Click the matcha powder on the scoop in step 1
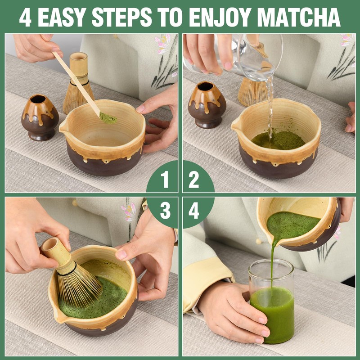(x=108, y=118)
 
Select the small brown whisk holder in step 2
(x=207, y=104)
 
